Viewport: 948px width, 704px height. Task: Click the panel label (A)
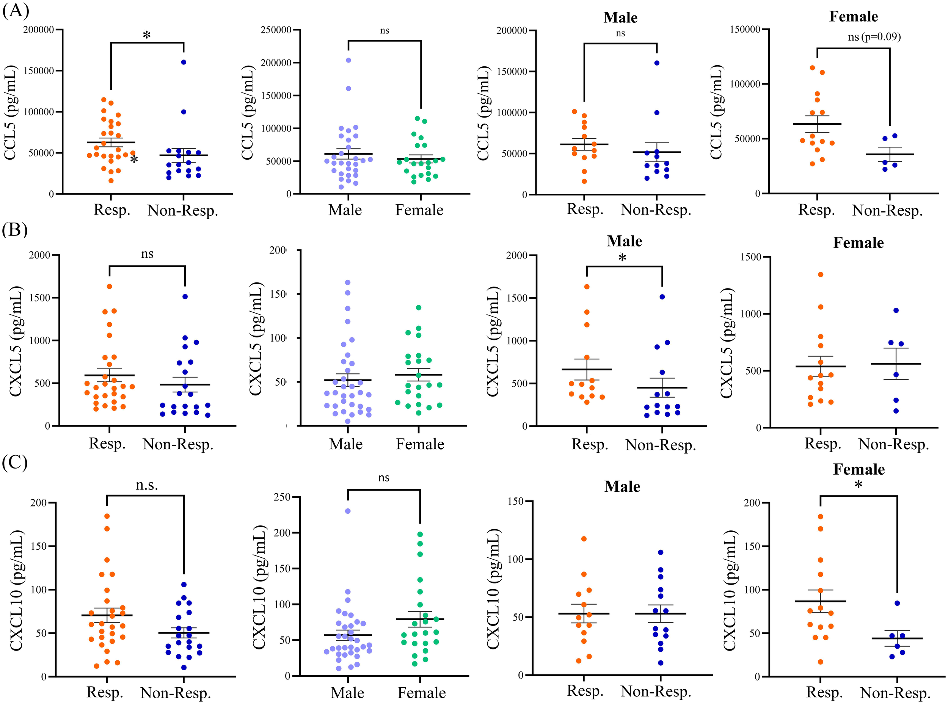[x=15, y=10]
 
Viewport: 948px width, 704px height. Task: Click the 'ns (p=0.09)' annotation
[x=874, y=37]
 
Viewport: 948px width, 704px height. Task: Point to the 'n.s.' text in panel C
[x=147, y=484]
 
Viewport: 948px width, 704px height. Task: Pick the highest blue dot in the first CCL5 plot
[x=184, y=62]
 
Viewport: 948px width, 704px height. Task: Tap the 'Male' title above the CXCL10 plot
[x=622, y=486]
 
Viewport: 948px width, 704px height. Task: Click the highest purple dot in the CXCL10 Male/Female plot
[x=348, y=511]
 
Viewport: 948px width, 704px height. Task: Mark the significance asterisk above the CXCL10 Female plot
[x=859, y=484]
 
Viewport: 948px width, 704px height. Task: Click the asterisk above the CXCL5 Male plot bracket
[x=622, y=258]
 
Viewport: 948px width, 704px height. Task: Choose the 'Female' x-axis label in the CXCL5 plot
[x=420, y=444]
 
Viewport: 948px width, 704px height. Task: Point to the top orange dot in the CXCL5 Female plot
[x=821, y=274]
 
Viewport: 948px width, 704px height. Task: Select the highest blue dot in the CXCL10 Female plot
[x=897, y=604]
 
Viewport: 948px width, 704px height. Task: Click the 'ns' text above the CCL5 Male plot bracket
[x=620, y=33]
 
